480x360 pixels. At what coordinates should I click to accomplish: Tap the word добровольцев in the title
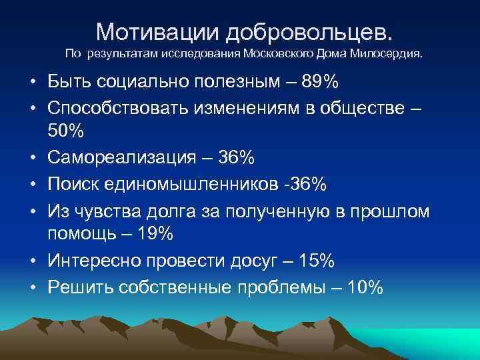point(309,31)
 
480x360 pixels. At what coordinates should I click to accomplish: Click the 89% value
point(319,83)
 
